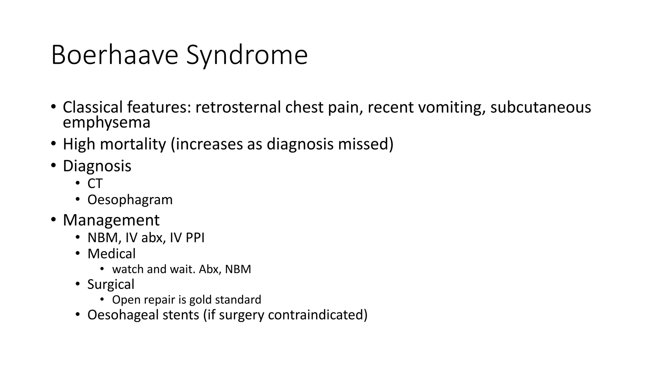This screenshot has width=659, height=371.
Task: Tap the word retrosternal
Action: pyautogui.click(x=238, y=107)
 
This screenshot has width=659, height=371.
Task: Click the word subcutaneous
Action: pyautogui.click(x=541, y=107)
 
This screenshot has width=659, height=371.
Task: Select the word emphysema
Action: pyautogui.click(x=107, y=123)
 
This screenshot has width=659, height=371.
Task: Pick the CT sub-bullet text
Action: pyautogui.click(x=95, y=184)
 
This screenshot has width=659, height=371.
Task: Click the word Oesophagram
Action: pyautogui.click(x=130, y=200)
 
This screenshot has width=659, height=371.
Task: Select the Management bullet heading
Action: pyautogui.click(x=111, y=220)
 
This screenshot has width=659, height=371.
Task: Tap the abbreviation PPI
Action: pyautogui.click(x=195, y=238)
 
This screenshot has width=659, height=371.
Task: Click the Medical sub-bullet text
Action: pyautogui.click(x=111, y=254)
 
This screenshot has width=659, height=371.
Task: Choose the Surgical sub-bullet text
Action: pyautogui.click(x=111, y=284)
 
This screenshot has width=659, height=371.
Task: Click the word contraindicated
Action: pyautogui.click(x=317, y=315)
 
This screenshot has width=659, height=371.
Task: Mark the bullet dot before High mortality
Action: pyautogui.click(x=53, y=143)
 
